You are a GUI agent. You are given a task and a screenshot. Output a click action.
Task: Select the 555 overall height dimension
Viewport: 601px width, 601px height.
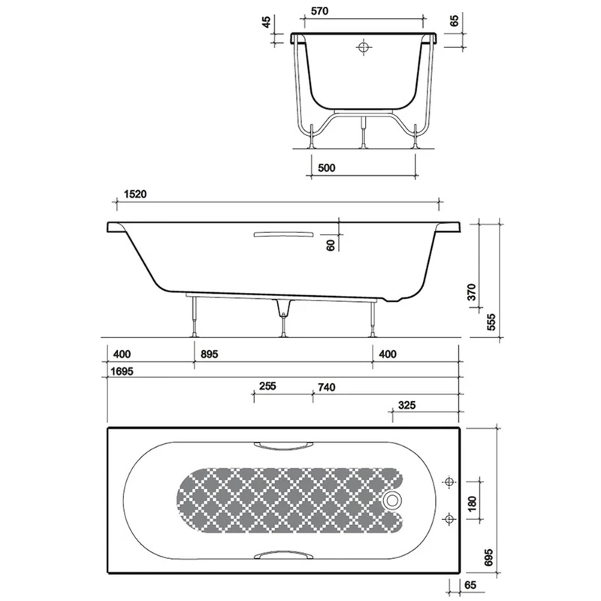pos(492,321)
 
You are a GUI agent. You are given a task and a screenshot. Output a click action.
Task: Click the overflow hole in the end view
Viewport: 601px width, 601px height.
pos(364,47)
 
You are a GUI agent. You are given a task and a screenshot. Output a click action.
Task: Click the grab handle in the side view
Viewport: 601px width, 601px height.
pos(282,234)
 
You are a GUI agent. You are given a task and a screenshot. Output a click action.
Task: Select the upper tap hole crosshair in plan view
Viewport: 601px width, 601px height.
pos(449,482)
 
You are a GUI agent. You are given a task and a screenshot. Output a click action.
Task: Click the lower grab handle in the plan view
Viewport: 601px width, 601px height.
pos(282,554)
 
